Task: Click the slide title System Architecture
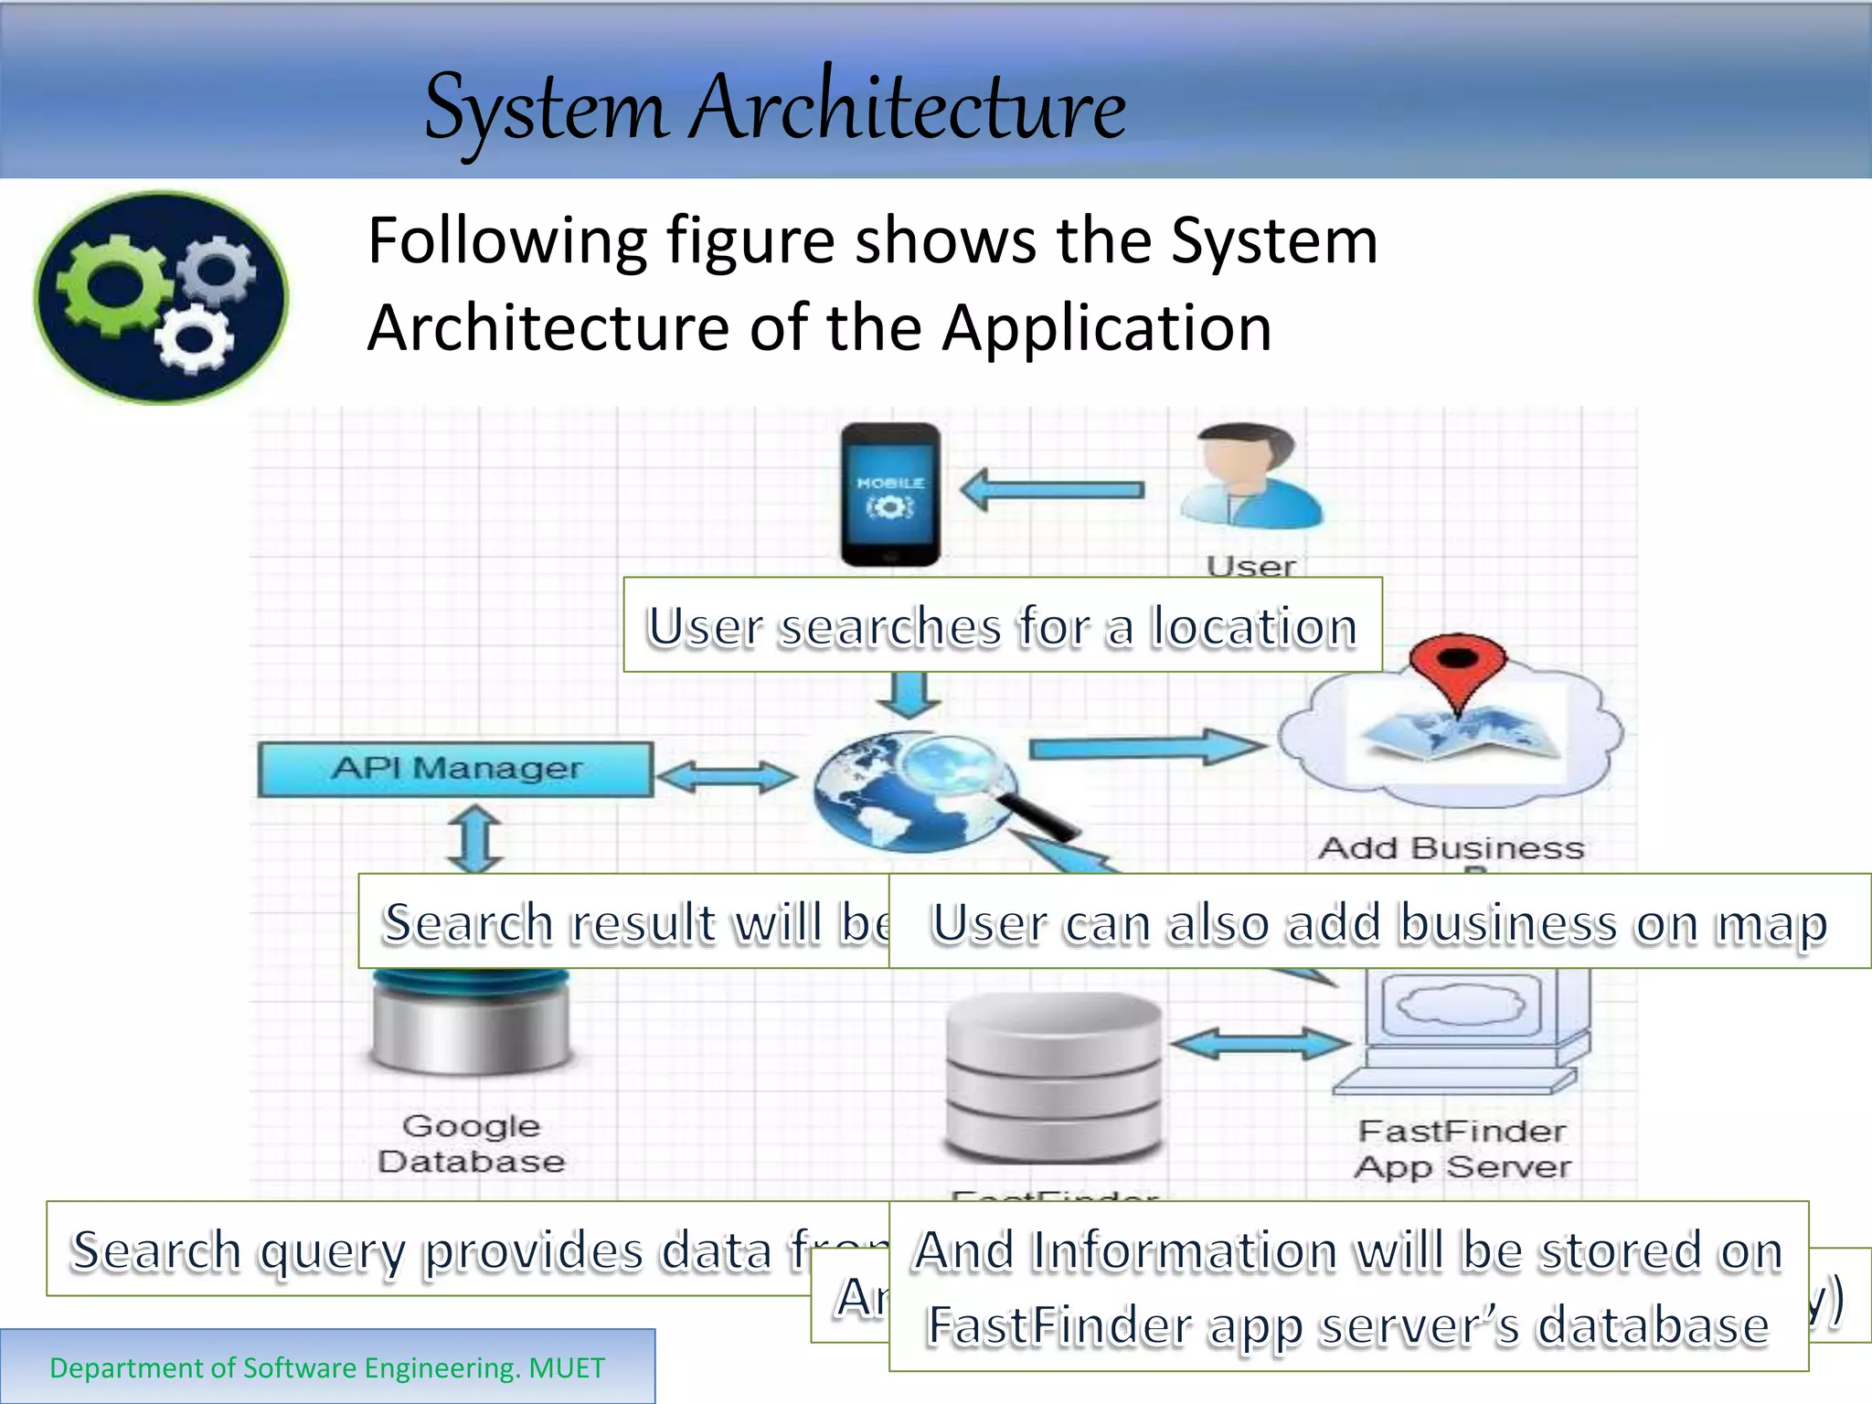click(x=775, y=108)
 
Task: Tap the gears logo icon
click(x=161, y=297)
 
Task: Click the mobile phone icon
click(x=890, y=495)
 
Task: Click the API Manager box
click(x=456, y=769)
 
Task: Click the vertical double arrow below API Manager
click(x=475, y=838)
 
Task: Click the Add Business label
click(x=1451, y=848)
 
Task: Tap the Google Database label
click(x=472, y=1143)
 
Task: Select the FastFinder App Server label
click(x=1462, y=1149)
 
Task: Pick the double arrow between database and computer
click(x=1260, y=1043)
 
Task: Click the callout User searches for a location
click(x=1002, y=625)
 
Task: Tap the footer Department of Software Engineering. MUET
click(x=327, y=1367)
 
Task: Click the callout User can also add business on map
click(x=1378, y=921)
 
